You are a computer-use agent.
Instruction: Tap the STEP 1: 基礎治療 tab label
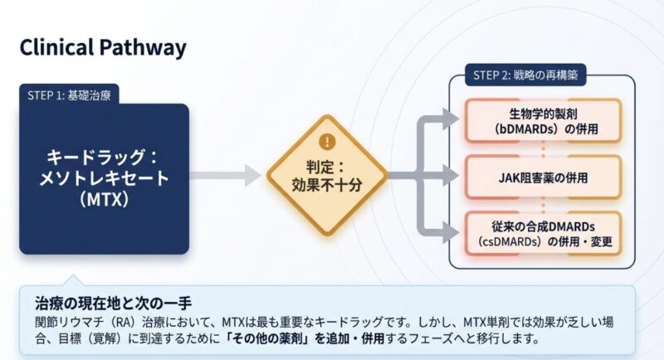point(68,94)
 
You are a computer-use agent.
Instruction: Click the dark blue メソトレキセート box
point(105,178)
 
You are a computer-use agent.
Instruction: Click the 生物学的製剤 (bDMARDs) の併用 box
point(542,121)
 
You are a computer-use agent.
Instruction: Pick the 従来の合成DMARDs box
point(542,232)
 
